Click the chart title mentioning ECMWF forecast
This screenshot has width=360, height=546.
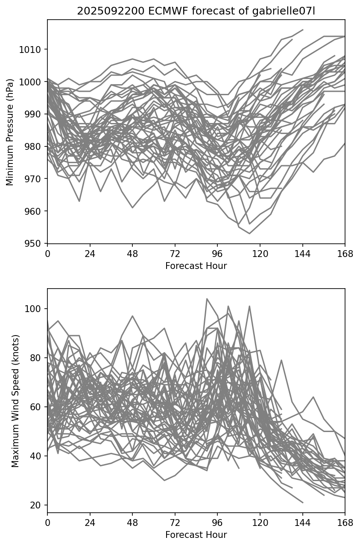point(196,11)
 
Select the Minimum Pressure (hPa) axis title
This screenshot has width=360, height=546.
point(10,131)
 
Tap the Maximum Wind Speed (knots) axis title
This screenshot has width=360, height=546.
point(15,400)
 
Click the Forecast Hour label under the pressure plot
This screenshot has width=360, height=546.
point(196,266)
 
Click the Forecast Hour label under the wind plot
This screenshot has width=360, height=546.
point(196,535)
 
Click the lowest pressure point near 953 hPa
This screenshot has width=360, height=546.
point(249,234)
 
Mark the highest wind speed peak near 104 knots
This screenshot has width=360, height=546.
point(207,299)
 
